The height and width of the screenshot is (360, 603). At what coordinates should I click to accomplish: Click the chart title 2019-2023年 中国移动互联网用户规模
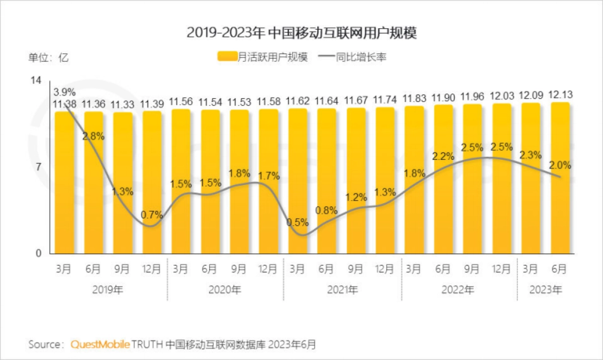point(302,33)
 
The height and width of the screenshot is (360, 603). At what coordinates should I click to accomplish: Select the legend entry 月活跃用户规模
point(262,57)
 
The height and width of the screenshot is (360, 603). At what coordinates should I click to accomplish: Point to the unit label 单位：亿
point(48,57)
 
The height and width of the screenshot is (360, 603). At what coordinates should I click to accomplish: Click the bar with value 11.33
point(123,184)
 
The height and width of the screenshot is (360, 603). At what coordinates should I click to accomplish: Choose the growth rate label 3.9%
point(64,92)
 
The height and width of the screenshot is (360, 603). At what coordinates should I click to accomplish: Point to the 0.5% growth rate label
point(297,222)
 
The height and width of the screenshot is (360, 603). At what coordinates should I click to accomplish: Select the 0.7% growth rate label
point(152,215)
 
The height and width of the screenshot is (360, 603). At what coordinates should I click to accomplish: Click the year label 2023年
point(546,290)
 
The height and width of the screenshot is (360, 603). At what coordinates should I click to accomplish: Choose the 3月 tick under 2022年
point(414,269)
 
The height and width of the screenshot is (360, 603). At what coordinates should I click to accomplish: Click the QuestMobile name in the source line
point(100,344)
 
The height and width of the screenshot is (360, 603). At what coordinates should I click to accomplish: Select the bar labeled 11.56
point(181,181)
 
